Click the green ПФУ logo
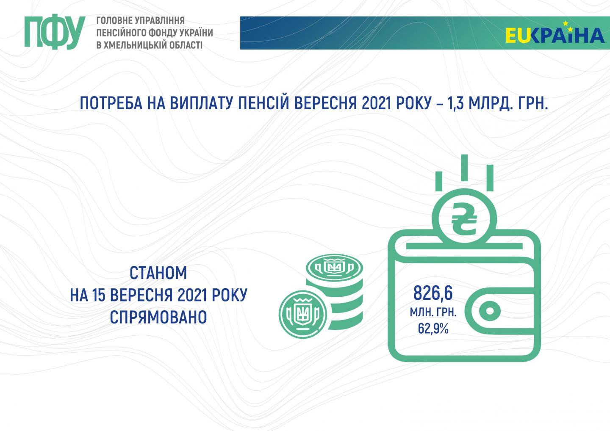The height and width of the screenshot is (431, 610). point(55,32)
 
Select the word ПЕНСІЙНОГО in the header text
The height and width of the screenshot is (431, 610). point(121,33)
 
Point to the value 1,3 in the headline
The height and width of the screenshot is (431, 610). point(456,103)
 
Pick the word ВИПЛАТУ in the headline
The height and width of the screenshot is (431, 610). point(201,103)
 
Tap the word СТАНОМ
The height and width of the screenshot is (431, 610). point(158,273)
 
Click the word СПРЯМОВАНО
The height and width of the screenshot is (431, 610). point(158,317)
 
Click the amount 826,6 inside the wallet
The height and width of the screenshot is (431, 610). point(433,293)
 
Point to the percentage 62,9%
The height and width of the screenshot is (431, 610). point(433,329)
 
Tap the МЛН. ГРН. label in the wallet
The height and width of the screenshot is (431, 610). point(433,312)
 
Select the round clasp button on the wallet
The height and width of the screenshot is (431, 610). point(490,311)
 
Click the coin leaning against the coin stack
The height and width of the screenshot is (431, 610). point(303,314)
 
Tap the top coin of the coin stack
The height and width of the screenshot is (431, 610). point(334,268)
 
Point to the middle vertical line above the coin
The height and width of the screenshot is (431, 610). point(464,168)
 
